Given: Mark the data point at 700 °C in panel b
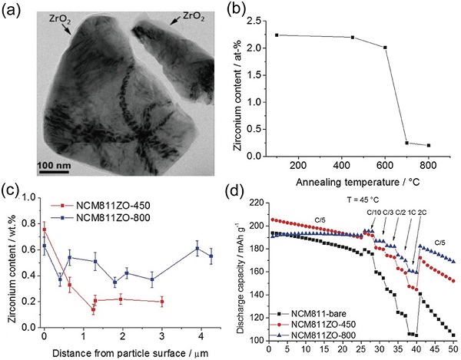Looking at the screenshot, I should (x=407, y=142).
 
